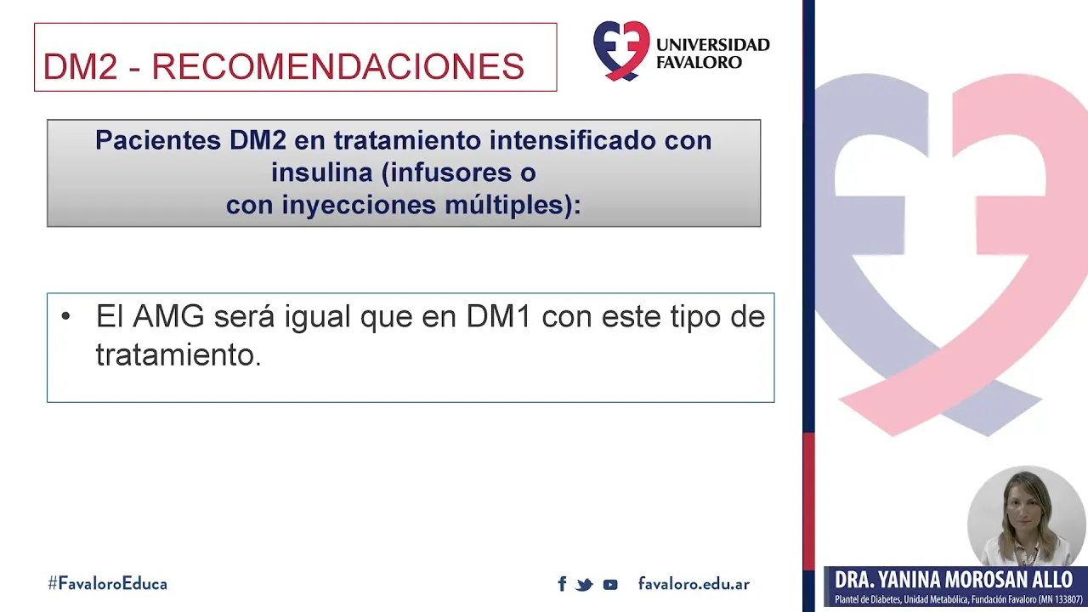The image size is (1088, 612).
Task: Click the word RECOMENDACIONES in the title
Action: (337, 67)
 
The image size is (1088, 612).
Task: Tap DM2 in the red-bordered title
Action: (79, 67)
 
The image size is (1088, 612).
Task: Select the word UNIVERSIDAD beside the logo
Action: (713, 45)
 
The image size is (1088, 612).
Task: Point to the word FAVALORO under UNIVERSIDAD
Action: (699, 63)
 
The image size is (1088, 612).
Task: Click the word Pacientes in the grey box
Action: (158, 140)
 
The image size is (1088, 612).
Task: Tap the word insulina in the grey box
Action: (322, 173)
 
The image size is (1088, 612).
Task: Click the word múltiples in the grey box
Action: (512, 205)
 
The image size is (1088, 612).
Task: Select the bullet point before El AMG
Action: (66, 317)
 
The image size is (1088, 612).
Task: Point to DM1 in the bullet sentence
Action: (499, 317)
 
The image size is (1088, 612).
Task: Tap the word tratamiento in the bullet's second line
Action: (178, 354)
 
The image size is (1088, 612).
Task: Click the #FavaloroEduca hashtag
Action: (107, 584)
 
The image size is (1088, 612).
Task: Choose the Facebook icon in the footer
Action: (562, 584)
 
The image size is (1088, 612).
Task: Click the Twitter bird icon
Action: (584, 584)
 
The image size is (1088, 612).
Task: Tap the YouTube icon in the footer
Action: (610, 584)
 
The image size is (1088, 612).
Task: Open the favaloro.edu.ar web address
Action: (694, 584)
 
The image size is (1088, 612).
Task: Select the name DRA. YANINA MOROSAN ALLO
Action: (953, 581)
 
